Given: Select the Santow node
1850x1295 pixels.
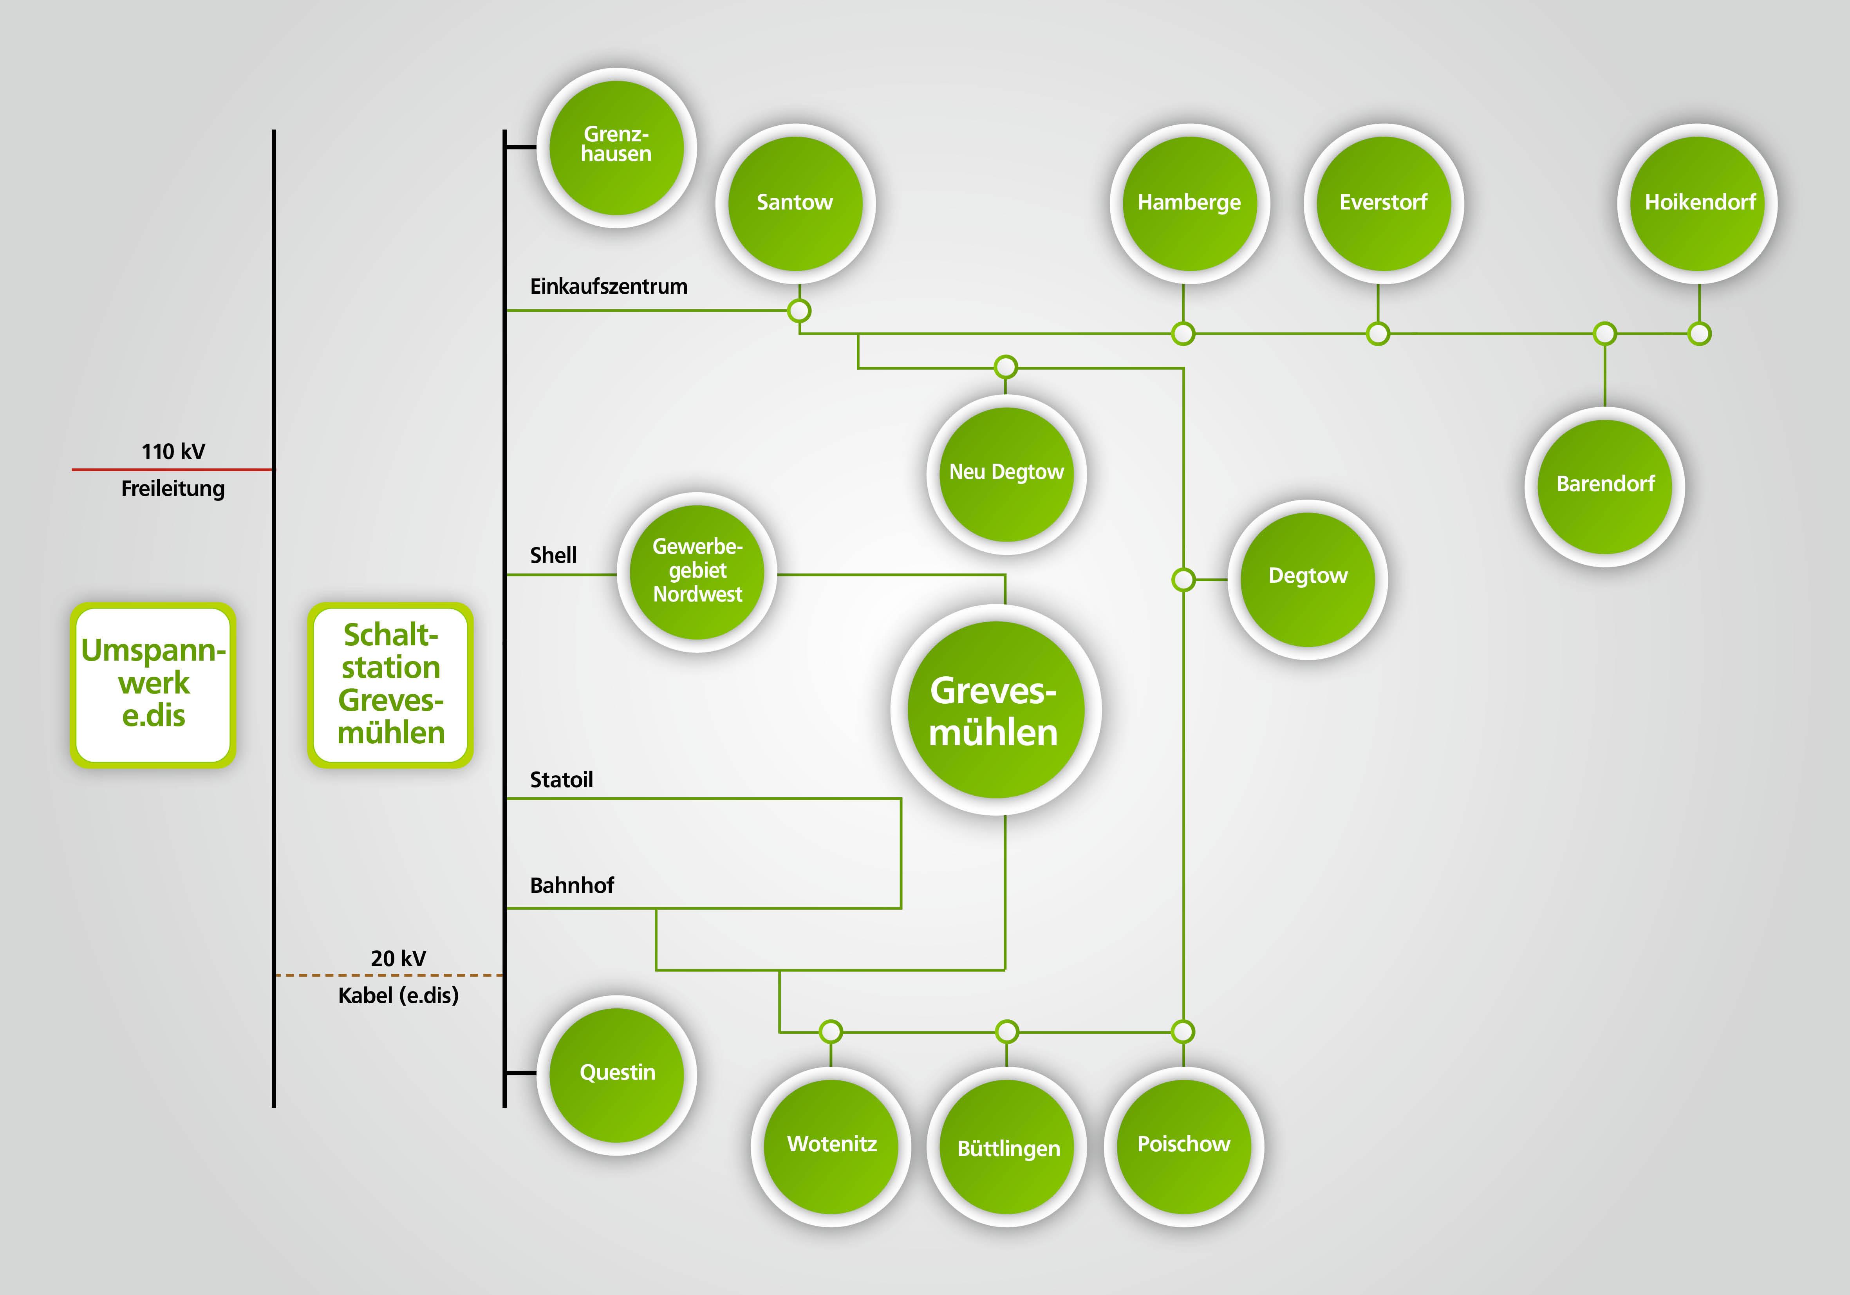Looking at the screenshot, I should [795, 203].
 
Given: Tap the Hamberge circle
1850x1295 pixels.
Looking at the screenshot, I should [1189, 203].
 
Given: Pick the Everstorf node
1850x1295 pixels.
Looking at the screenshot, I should [1383, 203].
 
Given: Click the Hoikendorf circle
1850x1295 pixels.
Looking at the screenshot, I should [1698, 203].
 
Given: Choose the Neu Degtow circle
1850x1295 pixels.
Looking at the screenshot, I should [1006, 474].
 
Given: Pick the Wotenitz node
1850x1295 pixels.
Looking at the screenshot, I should [831, 1146].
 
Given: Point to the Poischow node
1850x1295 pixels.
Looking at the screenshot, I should [1183, 1146].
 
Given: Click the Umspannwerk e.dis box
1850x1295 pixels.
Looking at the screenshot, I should [153, 684].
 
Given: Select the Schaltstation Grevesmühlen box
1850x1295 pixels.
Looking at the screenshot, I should [391, 684].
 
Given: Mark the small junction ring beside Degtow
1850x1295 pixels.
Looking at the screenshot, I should [1183, 580].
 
